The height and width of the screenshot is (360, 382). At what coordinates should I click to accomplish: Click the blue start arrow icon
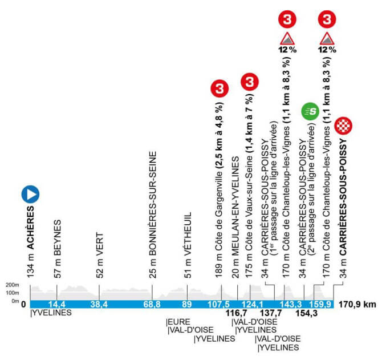click(x=30, y=194)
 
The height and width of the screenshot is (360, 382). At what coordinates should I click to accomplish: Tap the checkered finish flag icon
click(x=343, y=126)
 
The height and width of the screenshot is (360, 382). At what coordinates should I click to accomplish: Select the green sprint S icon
click(x=310, y=112)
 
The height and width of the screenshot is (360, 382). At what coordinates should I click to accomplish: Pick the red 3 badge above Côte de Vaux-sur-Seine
click(x=250, y=82)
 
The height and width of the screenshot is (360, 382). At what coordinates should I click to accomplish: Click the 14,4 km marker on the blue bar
click(x=57, y=304)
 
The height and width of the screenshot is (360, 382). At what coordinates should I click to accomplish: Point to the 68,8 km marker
click(x=152, y=304)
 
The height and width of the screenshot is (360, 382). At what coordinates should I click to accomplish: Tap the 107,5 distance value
click(x=219, y=304)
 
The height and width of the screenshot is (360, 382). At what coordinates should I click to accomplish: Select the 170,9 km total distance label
click(x=357, y=304)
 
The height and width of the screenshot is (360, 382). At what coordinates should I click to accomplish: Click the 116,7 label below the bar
click(x=236, y=313)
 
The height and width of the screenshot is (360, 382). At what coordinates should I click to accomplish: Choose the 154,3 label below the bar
click(x=307, y=313)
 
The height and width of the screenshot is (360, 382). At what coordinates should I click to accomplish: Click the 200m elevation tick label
click(x=12, y=285)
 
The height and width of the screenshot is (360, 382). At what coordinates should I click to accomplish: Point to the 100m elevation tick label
click(x=12, y=293)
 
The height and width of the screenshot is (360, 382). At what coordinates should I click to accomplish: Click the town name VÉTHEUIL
click(x=188, y=234)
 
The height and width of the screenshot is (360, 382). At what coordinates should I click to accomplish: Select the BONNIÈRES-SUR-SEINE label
click(x=152, y=204)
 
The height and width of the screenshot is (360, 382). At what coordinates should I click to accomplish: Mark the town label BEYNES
click(x=57, y=238)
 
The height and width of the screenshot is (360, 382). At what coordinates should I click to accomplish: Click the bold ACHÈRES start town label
click(x=30, y=228)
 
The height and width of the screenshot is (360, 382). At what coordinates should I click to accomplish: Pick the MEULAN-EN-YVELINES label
click(x=235, y=206)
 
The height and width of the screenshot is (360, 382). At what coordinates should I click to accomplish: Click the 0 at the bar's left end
click(x=23, y=305)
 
